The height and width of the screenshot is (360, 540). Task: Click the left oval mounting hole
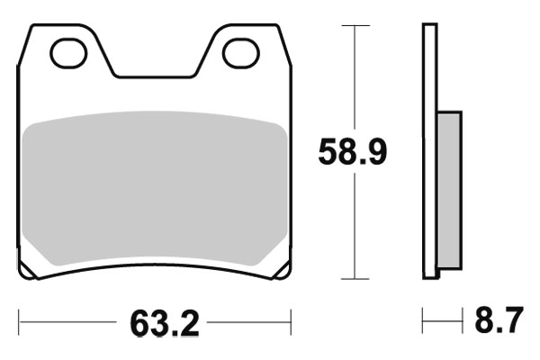(x=67, y=53)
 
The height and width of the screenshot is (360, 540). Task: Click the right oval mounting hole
(x=240, y=53)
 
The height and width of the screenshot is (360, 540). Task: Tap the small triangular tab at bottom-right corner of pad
(x=282, y=271)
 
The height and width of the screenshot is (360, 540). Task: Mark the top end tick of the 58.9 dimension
(x=356, y=26)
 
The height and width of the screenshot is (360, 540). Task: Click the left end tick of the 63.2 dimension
(x=19, y=320)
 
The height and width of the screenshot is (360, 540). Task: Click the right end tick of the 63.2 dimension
(x=291, y=320)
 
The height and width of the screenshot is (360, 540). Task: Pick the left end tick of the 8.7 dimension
(x=423, y=320)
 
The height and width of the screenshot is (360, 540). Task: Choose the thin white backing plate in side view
(x=430, y=153)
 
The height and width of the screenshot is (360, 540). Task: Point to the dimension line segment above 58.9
(x=356, y=81)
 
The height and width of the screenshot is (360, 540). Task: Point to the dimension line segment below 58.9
(x=356, y=225)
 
